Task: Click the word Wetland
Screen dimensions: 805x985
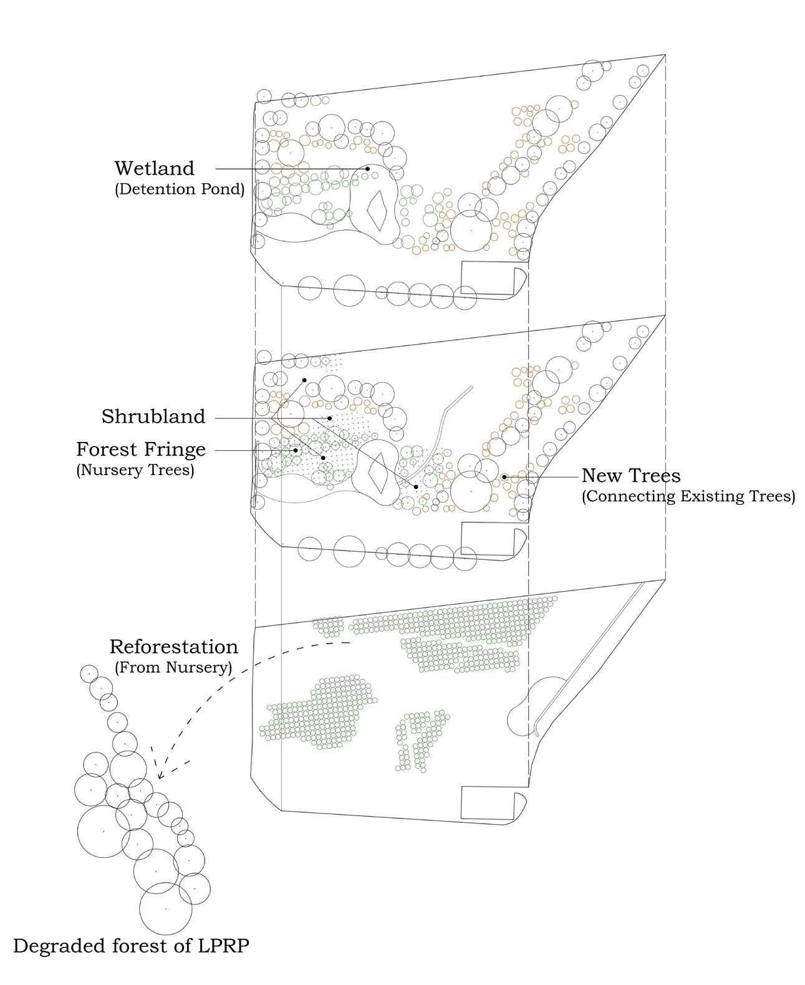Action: (154, 168)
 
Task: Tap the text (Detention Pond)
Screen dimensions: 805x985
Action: (179, 189)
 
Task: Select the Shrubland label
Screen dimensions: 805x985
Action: (153, 416)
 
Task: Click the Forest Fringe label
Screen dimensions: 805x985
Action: (141, 449)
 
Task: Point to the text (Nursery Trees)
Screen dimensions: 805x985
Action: (135, 470)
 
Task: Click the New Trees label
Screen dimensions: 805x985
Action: (631, 476)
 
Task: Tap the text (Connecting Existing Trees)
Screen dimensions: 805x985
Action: (688, 497)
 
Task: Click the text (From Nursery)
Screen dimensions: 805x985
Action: (173, 667)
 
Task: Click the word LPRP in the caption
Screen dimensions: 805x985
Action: (221, 946)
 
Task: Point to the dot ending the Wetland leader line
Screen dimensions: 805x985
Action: (368, 168)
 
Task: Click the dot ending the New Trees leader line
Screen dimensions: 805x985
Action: (504, 477)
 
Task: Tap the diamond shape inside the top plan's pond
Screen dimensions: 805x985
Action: (377, 209)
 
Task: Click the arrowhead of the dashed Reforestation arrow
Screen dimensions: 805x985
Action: (160, 777)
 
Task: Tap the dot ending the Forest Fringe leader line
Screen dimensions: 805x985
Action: (296, 450)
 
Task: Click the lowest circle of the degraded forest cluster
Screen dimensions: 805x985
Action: (165, 909)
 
